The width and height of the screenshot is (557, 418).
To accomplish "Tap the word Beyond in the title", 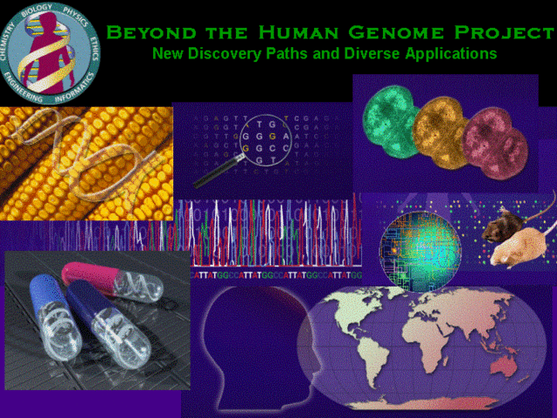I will [144, 32].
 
